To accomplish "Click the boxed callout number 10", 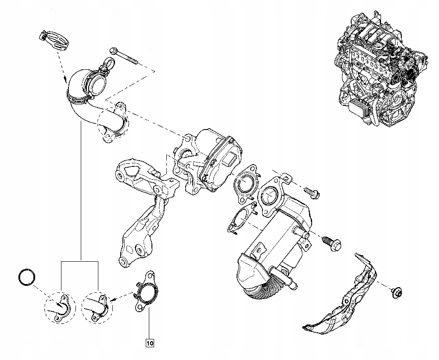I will [x=149, y=342].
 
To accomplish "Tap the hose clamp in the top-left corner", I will [x=54, y=39].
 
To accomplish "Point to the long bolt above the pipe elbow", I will [x=125, y=57].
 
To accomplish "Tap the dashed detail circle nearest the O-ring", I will [x=60, y=306].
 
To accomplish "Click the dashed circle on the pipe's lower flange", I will [x=113, y=122].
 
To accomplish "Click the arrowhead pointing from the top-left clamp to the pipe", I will [x=66, y=81].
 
